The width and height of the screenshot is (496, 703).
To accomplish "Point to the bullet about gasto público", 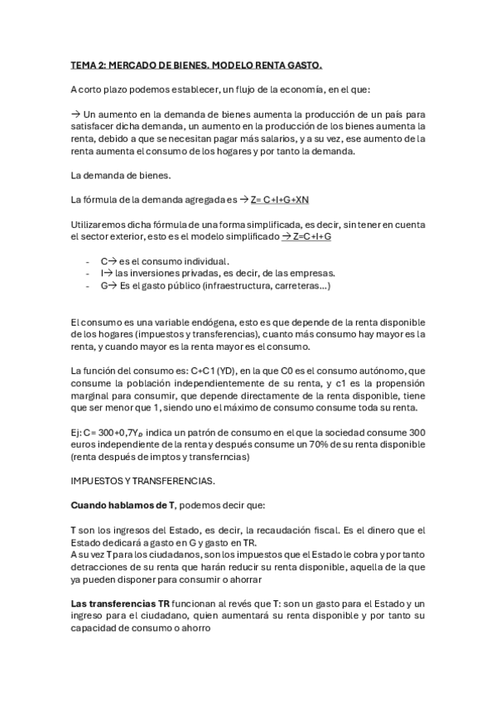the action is (x=214, y=286).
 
